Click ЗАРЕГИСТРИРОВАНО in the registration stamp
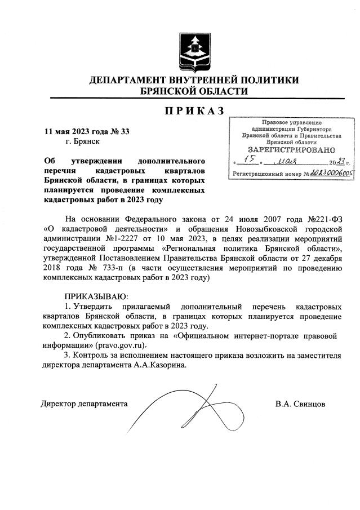coord(291,150)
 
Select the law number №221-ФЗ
coord(323,219)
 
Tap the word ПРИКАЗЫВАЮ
coord(96,296)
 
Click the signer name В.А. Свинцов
coord(300,404)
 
